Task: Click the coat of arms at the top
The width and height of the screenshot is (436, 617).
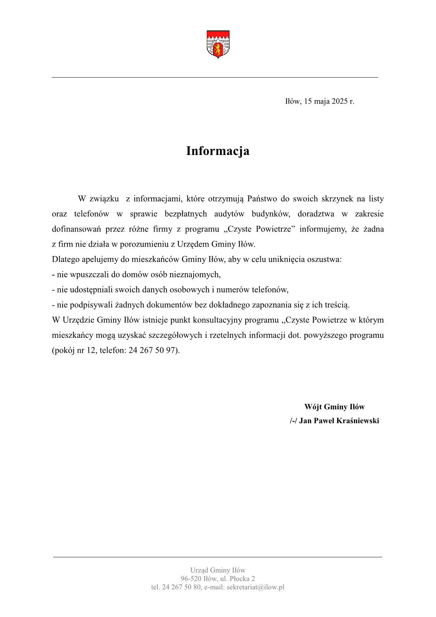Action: pos(218,44)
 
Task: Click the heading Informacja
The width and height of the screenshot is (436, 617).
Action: pos(218,151)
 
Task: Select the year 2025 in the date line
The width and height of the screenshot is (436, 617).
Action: pos(339,101)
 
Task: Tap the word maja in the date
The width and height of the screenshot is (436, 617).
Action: pos(322,101)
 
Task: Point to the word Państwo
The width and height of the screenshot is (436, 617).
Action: pos(262,199)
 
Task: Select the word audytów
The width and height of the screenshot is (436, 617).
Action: pos(229,214)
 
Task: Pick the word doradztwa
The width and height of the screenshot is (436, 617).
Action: pos(316,214)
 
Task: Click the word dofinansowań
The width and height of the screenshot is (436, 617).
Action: pos(76,229)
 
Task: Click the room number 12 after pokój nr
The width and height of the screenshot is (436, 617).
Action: pos(91,350)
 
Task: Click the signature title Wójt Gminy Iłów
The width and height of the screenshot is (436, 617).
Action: pos(334,407)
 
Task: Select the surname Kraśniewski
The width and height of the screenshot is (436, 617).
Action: pos(357,421)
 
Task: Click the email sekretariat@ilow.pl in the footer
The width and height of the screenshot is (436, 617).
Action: pos(255,587)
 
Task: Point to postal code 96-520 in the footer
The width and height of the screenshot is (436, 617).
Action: pos(191,579)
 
